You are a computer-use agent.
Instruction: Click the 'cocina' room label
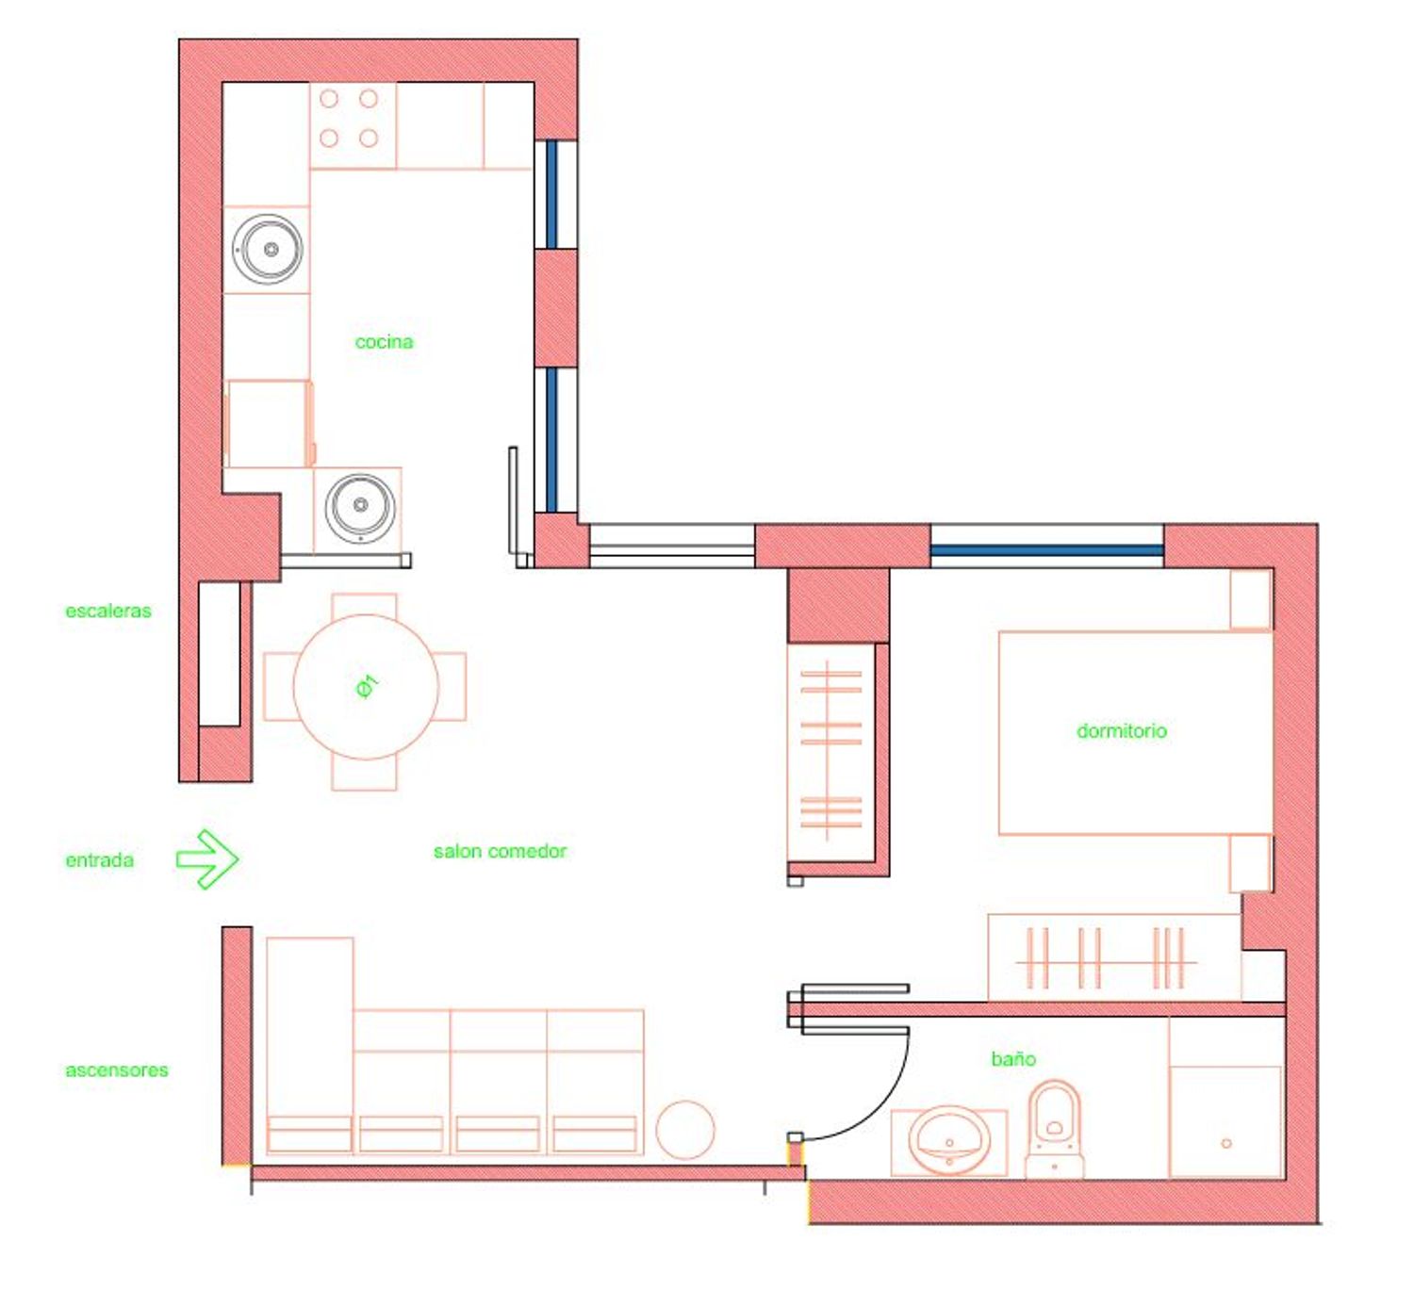pos(384,342)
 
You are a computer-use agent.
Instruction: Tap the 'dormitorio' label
pos(1121,731)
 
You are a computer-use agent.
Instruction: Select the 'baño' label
pos(1013,1058)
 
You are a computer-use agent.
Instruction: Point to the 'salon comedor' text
pos(500,851)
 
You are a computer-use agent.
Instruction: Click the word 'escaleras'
pos(107,611)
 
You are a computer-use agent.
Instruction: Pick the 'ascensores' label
pos(117,1070)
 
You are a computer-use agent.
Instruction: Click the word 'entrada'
pos(99,860)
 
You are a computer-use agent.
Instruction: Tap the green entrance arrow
pos(207,858)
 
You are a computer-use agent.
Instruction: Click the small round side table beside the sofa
pos(685,1129)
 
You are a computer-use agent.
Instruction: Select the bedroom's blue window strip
pos(1046,550)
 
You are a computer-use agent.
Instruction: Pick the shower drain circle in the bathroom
pos(1226,1143)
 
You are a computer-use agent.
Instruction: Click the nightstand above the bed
pos(1251,599)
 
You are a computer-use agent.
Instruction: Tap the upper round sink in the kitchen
pos(268,249)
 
